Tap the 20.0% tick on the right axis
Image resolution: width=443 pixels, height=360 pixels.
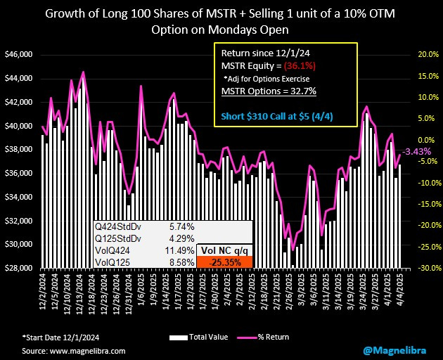point(428,54)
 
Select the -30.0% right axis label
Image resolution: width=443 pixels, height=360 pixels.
point(427,268)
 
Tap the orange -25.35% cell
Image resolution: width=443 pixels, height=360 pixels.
point(224,262)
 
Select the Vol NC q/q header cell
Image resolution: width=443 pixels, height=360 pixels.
point(224,250)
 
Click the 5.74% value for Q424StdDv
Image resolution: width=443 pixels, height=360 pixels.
point(181,227)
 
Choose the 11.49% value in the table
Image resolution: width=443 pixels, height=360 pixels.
point(181,250)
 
